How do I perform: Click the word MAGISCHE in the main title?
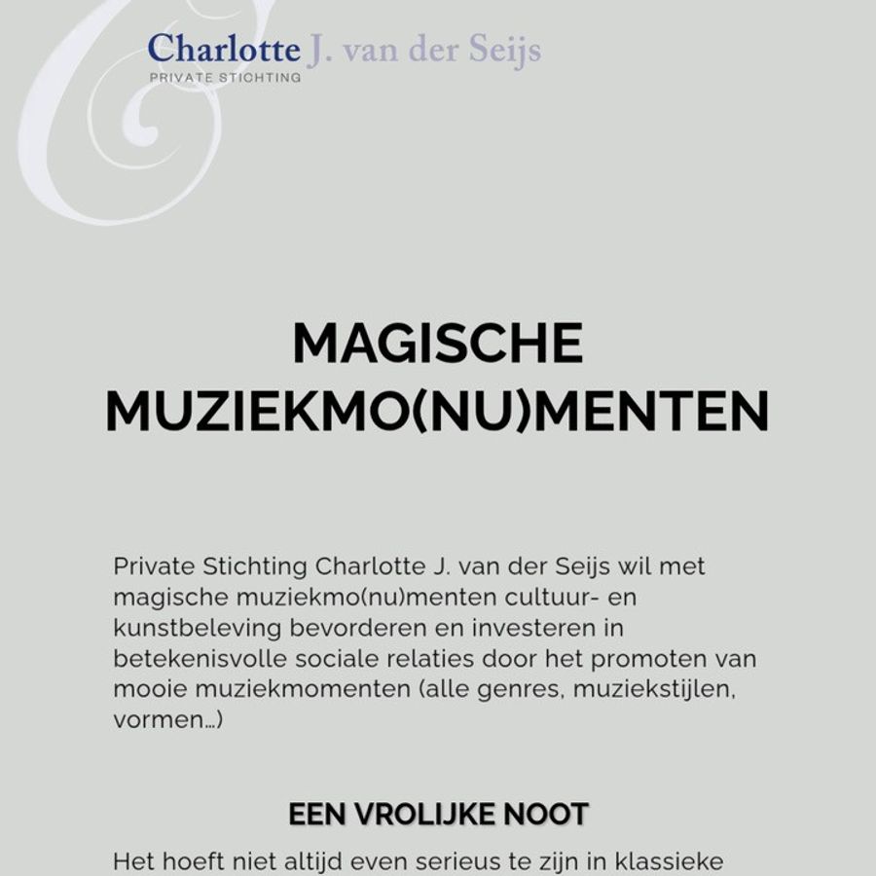coord(437,344)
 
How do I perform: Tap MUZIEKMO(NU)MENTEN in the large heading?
coord(437,412)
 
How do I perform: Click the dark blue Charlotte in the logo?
coord(224,49)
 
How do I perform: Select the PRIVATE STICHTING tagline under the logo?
coord(225,77)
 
